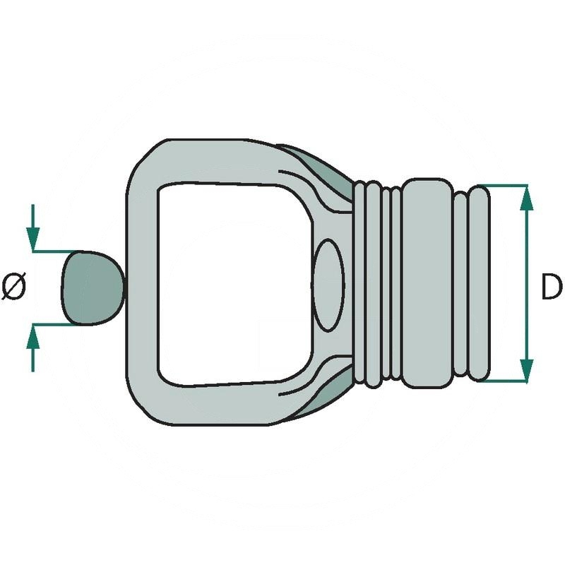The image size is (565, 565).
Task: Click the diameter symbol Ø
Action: pos(13,287)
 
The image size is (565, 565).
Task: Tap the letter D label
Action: pos(552,287)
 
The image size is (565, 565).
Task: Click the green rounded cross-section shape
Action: pos(90,287)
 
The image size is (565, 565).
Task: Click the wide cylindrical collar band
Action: pos(428,282)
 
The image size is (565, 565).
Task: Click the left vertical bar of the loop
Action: pos(142,282)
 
